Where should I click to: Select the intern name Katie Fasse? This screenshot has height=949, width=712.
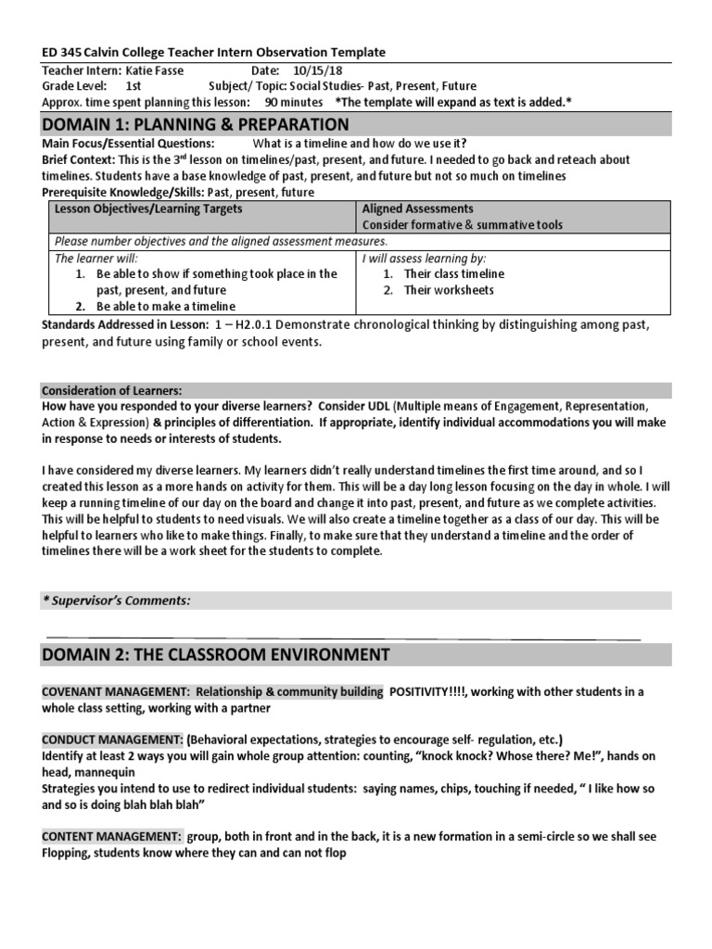[144, 70]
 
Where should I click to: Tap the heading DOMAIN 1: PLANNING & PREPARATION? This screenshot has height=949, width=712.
[196, 124]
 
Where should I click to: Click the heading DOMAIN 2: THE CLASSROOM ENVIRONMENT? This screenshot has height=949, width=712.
[215, 655]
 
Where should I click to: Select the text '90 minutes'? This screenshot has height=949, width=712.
[294, 102]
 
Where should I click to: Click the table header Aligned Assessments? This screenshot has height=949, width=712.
[417, 209]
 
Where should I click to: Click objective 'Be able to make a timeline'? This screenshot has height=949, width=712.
[165, 306]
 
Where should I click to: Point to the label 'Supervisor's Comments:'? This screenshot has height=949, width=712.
[116, 601]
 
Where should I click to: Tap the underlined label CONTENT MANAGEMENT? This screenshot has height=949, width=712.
[111, 836]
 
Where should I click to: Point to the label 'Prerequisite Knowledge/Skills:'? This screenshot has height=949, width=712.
[123, 192]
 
